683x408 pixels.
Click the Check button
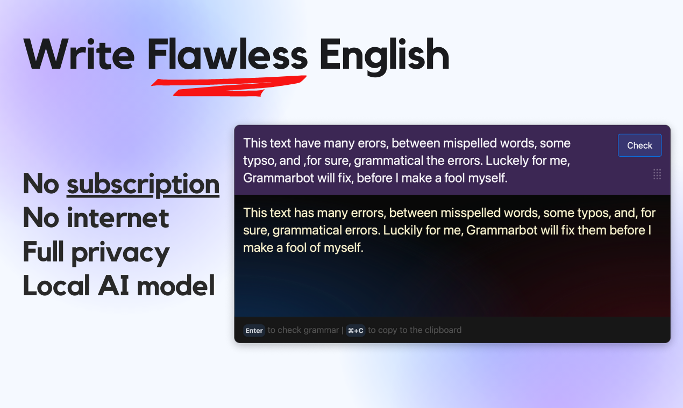coord(639,145)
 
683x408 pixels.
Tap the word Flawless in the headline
coord(227,55)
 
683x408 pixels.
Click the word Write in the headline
coord(79,55)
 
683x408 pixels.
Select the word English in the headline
coord(384,55)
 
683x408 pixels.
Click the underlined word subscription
coord(143,184)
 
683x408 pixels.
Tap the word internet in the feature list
coord(118,218)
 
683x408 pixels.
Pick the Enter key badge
coord(254,331)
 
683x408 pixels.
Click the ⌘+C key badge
coord(355,331)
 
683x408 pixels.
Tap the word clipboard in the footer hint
coord(441,330)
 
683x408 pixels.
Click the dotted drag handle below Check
coord(657,174)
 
